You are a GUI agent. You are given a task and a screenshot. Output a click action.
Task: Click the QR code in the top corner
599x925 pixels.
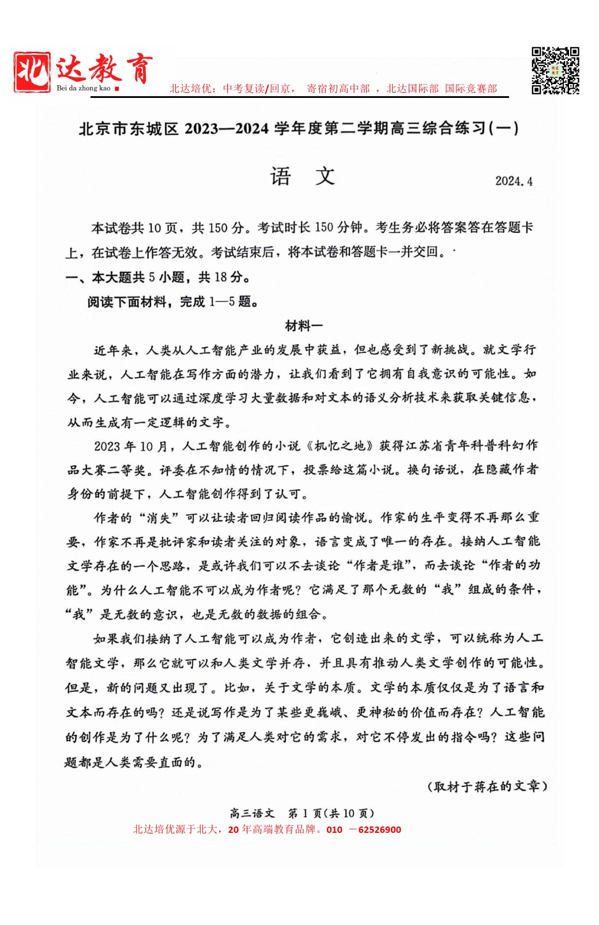[555, 70]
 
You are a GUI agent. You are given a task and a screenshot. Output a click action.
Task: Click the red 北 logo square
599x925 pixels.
[32, 72]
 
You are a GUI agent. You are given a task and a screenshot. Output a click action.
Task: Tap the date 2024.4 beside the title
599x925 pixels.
[513, 181]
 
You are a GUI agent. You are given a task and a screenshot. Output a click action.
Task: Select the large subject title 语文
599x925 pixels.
[302, 176]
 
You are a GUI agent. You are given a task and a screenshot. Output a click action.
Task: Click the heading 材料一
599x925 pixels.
[303, 326]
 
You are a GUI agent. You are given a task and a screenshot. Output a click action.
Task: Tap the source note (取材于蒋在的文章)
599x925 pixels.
[487, 786]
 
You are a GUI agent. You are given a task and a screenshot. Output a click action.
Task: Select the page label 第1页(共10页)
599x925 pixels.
[331, 813]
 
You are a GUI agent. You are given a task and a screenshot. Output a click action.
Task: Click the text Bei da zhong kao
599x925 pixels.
[83, 88]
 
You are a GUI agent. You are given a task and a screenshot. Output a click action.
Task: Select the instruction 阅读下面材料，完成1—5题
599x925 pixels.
[172, 302]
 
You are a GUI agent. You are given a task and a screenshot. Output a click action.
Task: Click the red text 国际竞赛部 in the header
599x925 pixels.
[470, 89]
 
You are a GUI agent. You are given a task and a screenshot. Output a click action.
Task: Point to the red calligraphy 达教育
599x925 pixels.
[104, 69]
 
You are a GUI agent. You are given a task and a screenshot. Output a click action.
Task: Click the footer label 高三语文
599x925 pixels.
[252, 813]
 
